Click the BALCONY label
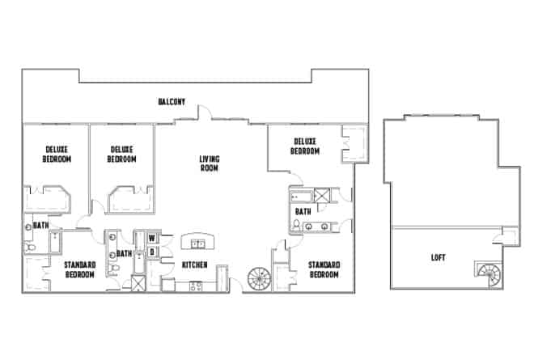[172, 102]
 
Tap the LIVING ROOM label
[210, 163]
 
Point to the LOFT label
[438, 259]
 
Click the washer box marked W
[151, 239]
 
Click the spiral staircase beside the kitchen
[258, 279]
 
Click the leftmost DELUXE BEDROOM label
[57, 154]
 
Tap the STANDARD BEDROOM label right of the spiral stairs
[324, 269]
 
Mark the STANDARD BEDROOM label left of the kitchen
[80, 269]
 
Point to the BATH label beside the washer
[125, 254]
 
